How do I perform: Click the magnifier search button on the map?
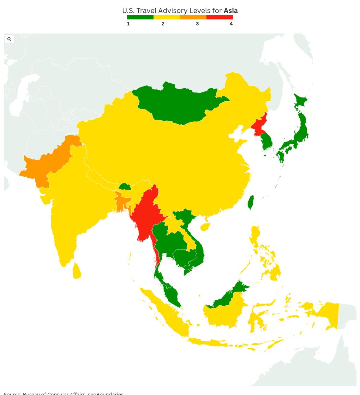(x=9, y=39)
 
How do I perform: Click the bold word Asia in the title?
(x=230, y=11)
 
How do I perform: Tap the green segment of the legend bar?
(x=140, y=17)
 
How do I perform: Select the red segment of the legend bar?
(x=220, y=17)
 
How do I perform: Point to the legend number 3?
(x=197, y=24)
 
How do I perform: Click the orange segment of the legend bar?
(x=193, y=17)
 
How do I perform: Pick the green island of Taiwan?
(x=251, y=203)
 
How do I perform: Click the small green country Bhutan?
(x=125, y=186)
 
